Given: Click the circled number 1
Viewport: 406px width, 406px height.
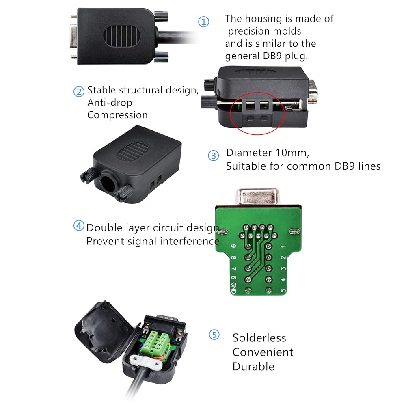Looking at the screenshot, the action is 203,22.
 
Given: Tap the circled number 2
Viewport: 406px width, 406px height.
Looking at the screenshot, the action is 79,92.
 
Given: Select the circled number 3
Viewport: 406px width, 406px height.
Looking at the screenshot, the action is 214,155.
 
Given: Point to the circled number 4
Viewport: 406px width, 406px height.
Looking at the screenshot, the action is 79,225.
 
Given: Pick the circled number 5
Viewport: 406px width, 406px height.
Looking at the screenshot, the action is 214,335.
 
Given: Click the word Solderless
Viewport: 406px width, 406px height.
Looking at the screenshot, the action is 259,338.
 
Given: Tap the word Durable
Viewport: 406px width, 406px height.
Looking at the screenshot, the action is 253,366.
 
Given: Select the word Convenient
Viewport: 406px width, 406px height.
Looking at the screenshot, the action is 263,352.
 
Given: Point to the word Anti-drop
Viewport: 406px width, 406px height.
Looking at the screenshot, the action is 110,103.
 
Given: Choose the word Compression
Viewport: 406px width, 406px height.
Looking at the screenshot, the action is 117,115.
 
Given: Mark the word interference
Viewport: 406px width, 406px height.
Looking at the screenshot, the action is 190,241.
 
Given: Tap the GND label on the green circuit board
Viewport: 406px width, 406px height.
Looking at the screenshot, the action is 233,288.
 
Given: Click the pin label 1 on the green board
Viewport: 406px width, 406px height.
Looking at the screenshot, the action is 283,246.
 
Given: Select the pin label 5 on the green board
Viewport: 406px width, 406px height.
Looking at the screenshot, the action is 283,291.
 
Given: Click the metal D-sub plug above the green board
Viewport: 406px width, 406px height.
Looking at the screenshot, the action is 257,197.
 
